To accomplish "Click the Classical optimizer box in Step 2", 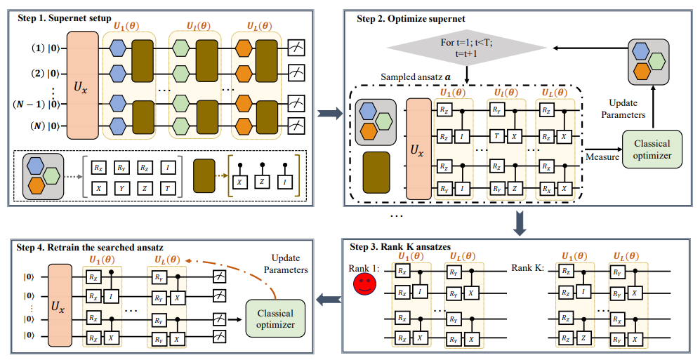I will pyautogui.click(x=651, y=149).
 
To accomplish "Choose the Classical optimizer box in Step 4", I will pyautogui.click(x=275, y=318).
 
